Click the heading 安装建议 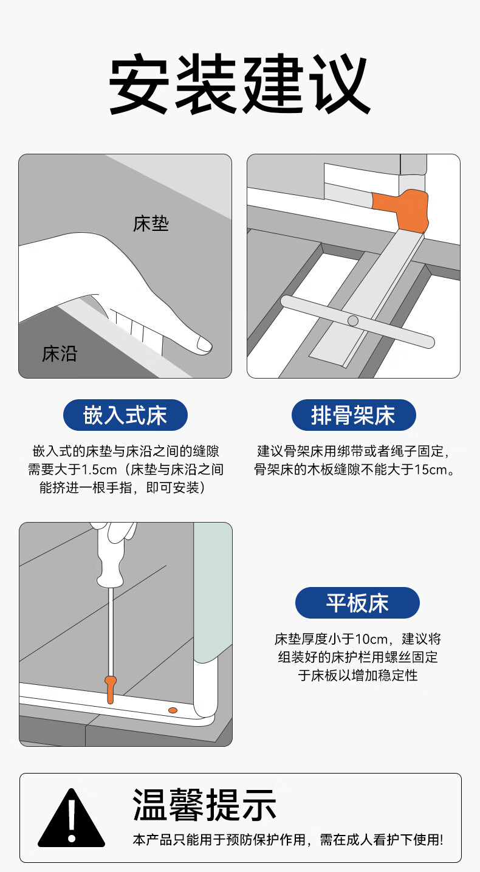239,84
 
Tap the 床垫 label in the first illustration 151,224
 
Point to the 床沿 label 60,354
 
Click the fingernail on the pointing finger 204,344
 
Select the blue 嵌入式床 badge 125,415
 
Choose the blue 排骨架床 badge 354,415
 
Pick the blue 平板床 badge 357,603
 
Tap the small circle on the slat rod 353,321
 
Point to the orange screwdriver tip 110,690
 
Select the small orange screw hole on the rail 173,710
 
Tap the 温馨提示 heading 204,805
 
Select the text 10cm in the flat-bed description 371,639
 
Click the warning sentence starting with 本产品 288,840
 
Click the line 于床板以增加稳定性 358,675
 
